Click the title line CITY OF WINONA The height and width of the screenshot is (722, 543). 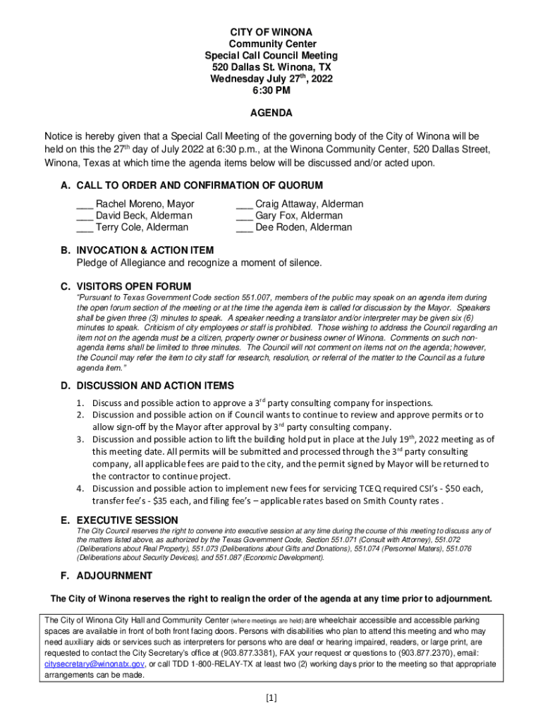coord(271,32)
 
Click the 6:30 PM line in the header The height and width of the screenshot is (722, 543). coord(271,90)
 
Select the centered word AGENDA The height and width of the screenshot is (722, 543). coord(271,113)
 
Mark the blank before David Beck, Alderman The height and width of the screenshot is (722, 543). coord(85,216)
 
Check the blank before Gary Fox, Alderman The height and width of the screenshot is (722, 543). coord(244,216)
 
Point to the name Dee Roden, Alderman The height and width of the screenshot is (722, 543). coord(303,228)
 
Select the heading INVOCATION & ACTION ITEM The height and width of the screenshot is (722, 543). coord(145,250)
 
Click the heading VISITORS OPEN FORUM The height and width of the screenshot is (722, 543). coord(133,286)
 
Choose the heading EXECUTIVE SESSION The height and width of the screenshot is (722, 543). coord(127,520)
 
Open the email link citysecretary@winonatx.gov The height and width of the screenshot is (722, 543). coord(95,664)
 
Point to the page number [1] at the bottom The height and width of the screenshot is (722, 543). coord(271,698)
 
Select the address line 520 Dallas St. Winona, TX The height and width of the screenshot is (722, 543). coord(271,67)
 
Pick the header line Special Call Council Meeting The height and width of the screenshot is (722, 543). coord(271,56)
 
